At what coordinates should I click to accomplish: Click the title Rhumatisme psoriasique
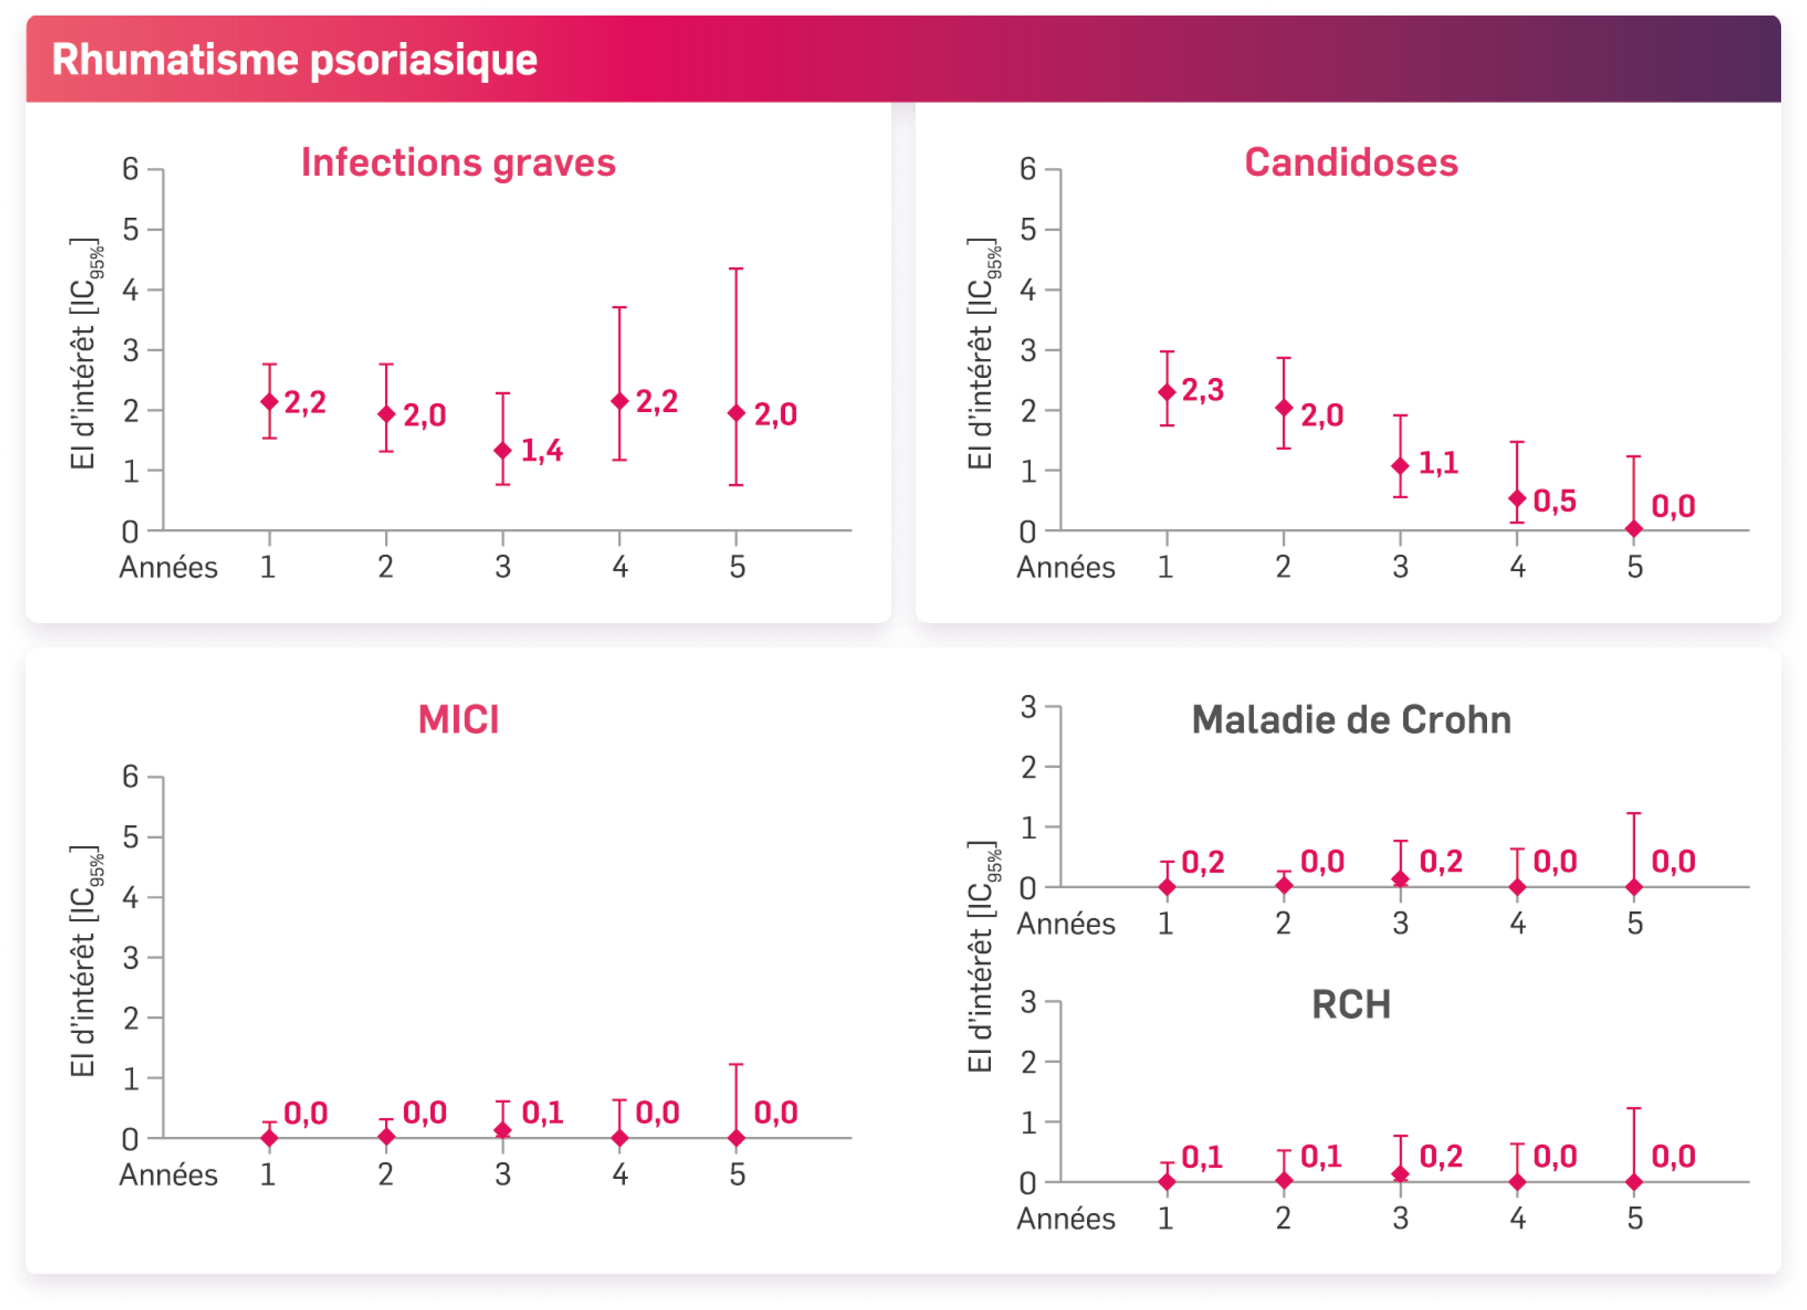294,59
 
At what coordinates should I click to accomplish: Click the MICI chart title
458,719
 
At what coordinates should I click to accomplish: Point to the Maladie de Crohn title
1351,719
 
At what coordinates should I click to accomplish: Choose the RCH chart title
1351,1004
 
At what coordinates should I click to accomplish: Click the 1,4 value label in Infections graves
542,451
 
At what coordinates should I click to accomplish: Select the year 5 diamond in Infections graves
736,413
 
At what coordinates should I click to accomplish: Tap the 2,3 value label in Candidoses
1202,390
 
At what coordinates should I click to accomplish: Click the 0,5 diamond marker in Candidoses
1517,499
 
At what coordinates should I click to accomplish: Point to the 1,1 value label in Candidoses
1439,463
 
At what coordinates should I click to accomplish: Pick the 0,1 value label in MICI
543,1112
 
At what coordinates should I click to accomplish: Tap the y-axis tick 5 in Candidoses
1029,229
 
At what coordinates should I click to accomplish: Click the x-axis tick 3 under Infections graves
503,567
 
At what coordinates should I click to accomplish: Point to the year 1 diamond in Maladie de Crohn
1167,887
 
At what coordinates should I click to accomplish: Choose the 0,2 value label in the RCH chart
1441,1156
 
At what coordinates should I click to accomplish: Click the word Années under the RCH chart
1065,1218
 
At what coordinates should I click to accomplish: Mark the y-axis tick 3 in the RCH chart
1029,1001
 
